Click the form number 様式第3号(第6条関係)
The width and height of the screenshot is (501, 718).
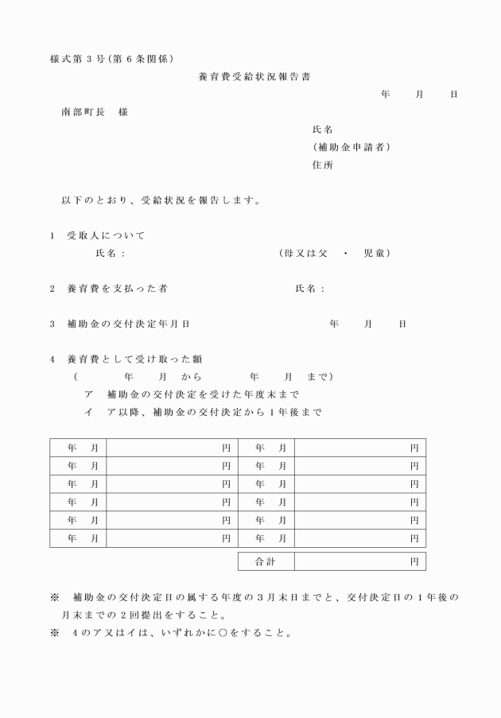pos(111,59)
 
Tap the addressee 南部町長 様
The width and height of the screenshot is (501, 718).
pos(95,112)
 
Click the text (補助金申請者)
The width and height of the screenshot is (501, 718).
pos(351,147)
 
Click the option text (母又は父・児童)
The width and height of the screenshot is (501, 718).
pos(334,254)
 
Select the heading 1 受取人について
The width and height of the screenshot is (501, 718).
pos(97,236)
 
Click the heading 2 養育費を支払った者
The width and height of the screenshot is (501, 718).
pos(108,289)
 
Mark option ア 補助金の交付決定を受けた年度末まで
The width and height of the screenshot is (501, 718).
pos(191,394)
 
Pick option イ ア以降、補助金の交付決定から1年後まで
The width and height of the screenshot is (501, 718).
pos(203,412)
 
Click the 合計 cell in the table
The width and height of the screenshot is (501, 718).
pos(266,562)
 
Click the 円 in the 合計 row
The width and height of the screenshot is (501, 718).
pos(414,562)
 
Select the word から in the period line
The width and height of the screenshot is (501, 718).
pos(191,377)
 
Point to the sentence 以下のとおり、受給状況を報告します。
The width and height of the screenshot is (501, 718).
pos(161,200)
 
